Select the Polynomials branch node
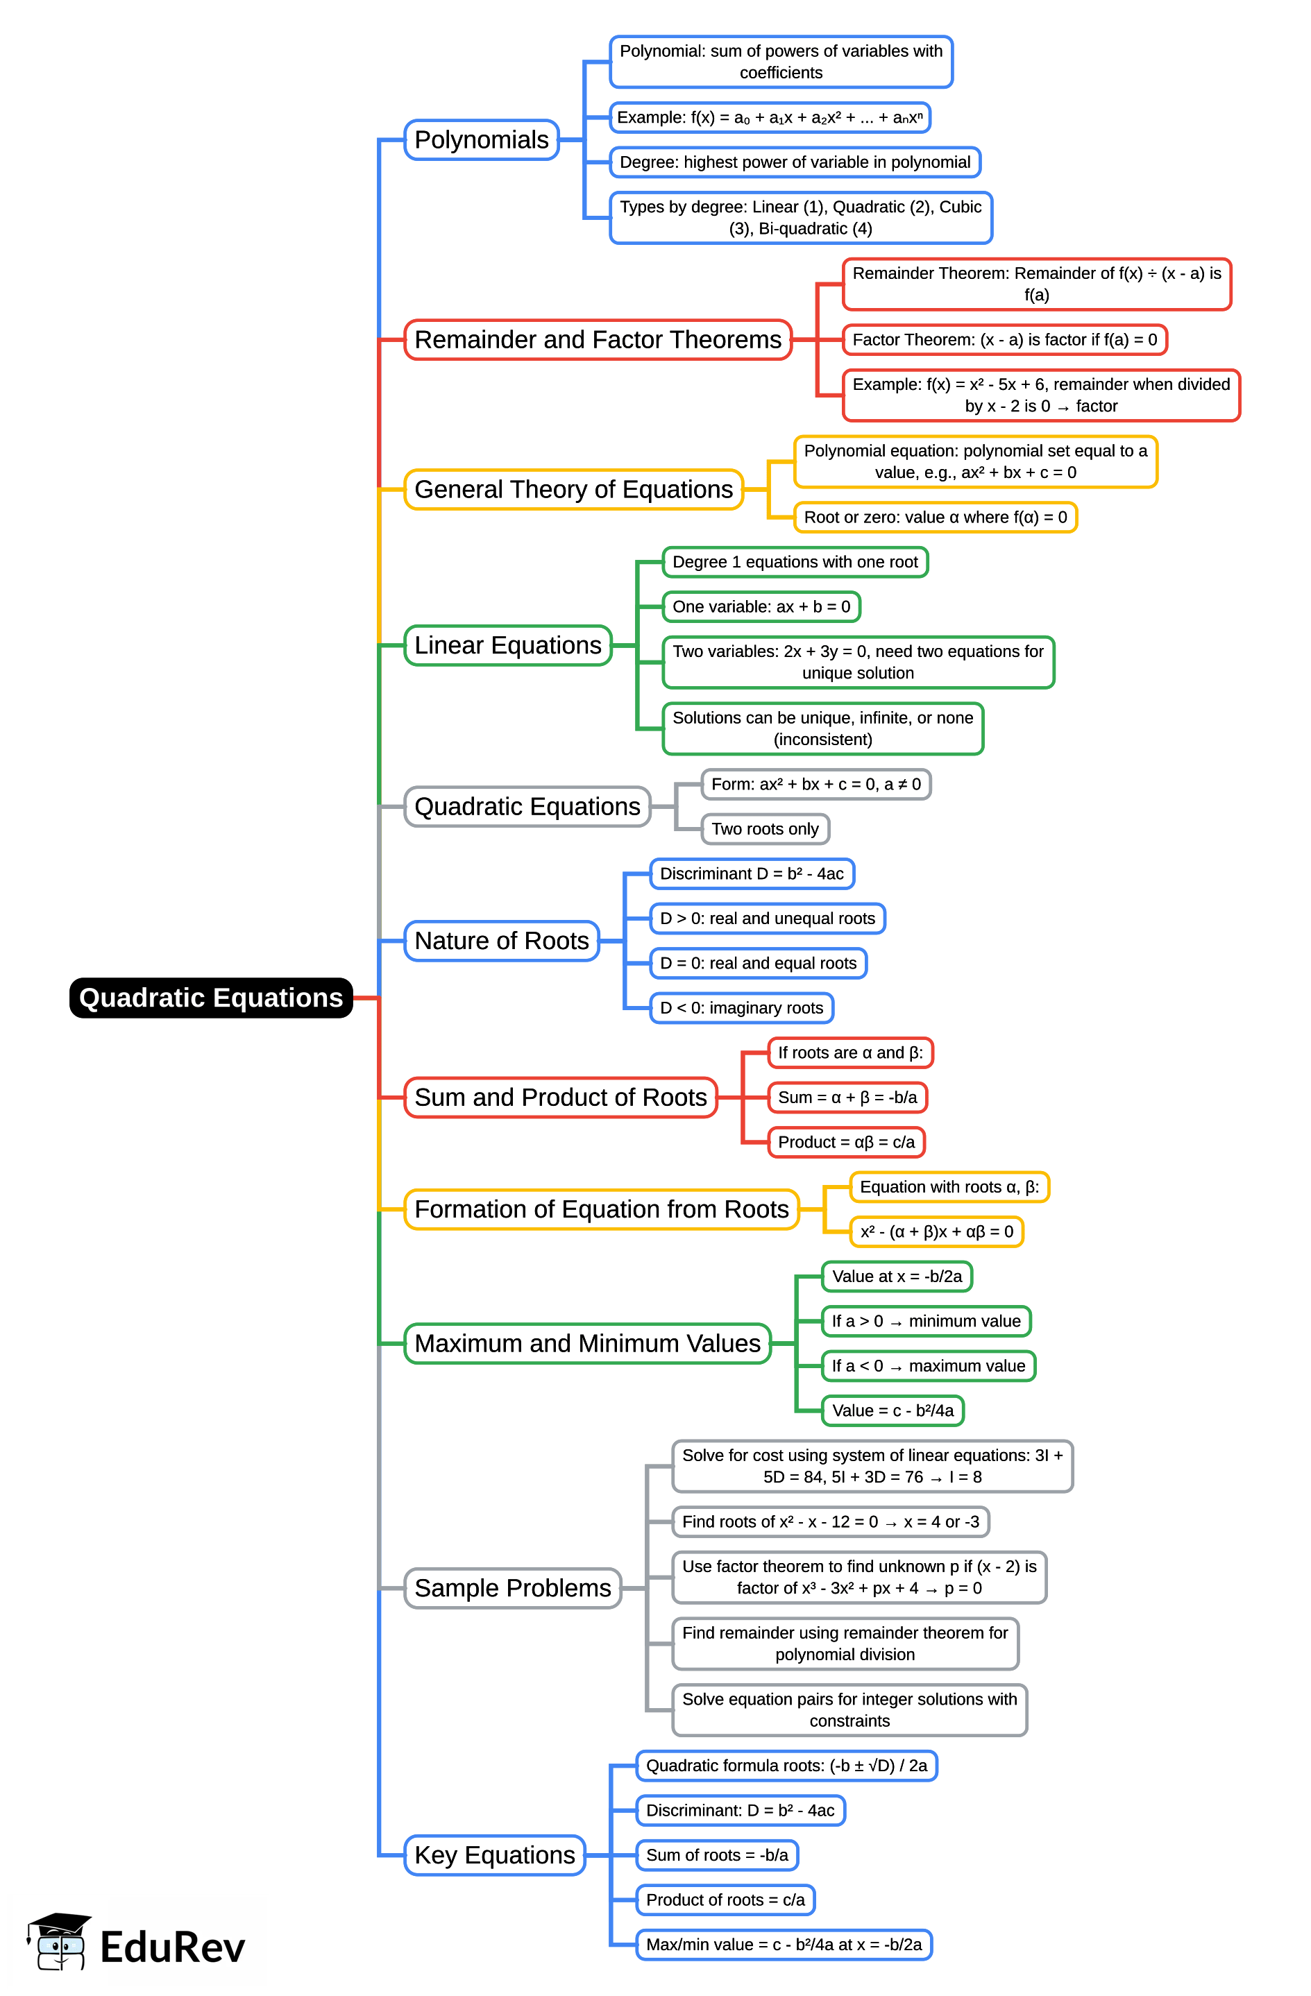point(481,139)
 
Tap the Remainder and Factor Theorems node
point(598,340)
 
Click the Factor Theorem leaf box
point(1004,340)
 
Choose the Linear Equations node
point(507,645)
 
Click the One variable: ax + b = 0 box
point(761,606)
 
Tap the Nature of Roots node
point(501,941)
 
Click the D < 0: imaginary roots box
point(741,1008)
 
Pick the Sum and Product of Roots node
point(560,1097)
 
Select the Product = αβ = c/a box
point(845,1142)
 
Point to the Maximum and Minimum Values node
point(587,1344)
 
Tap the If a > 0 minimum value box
point(925,1321)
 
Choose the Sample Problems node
point(512,1589)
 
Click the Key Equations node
point(494,1855)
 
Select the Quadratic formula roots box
point(786,1766)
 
